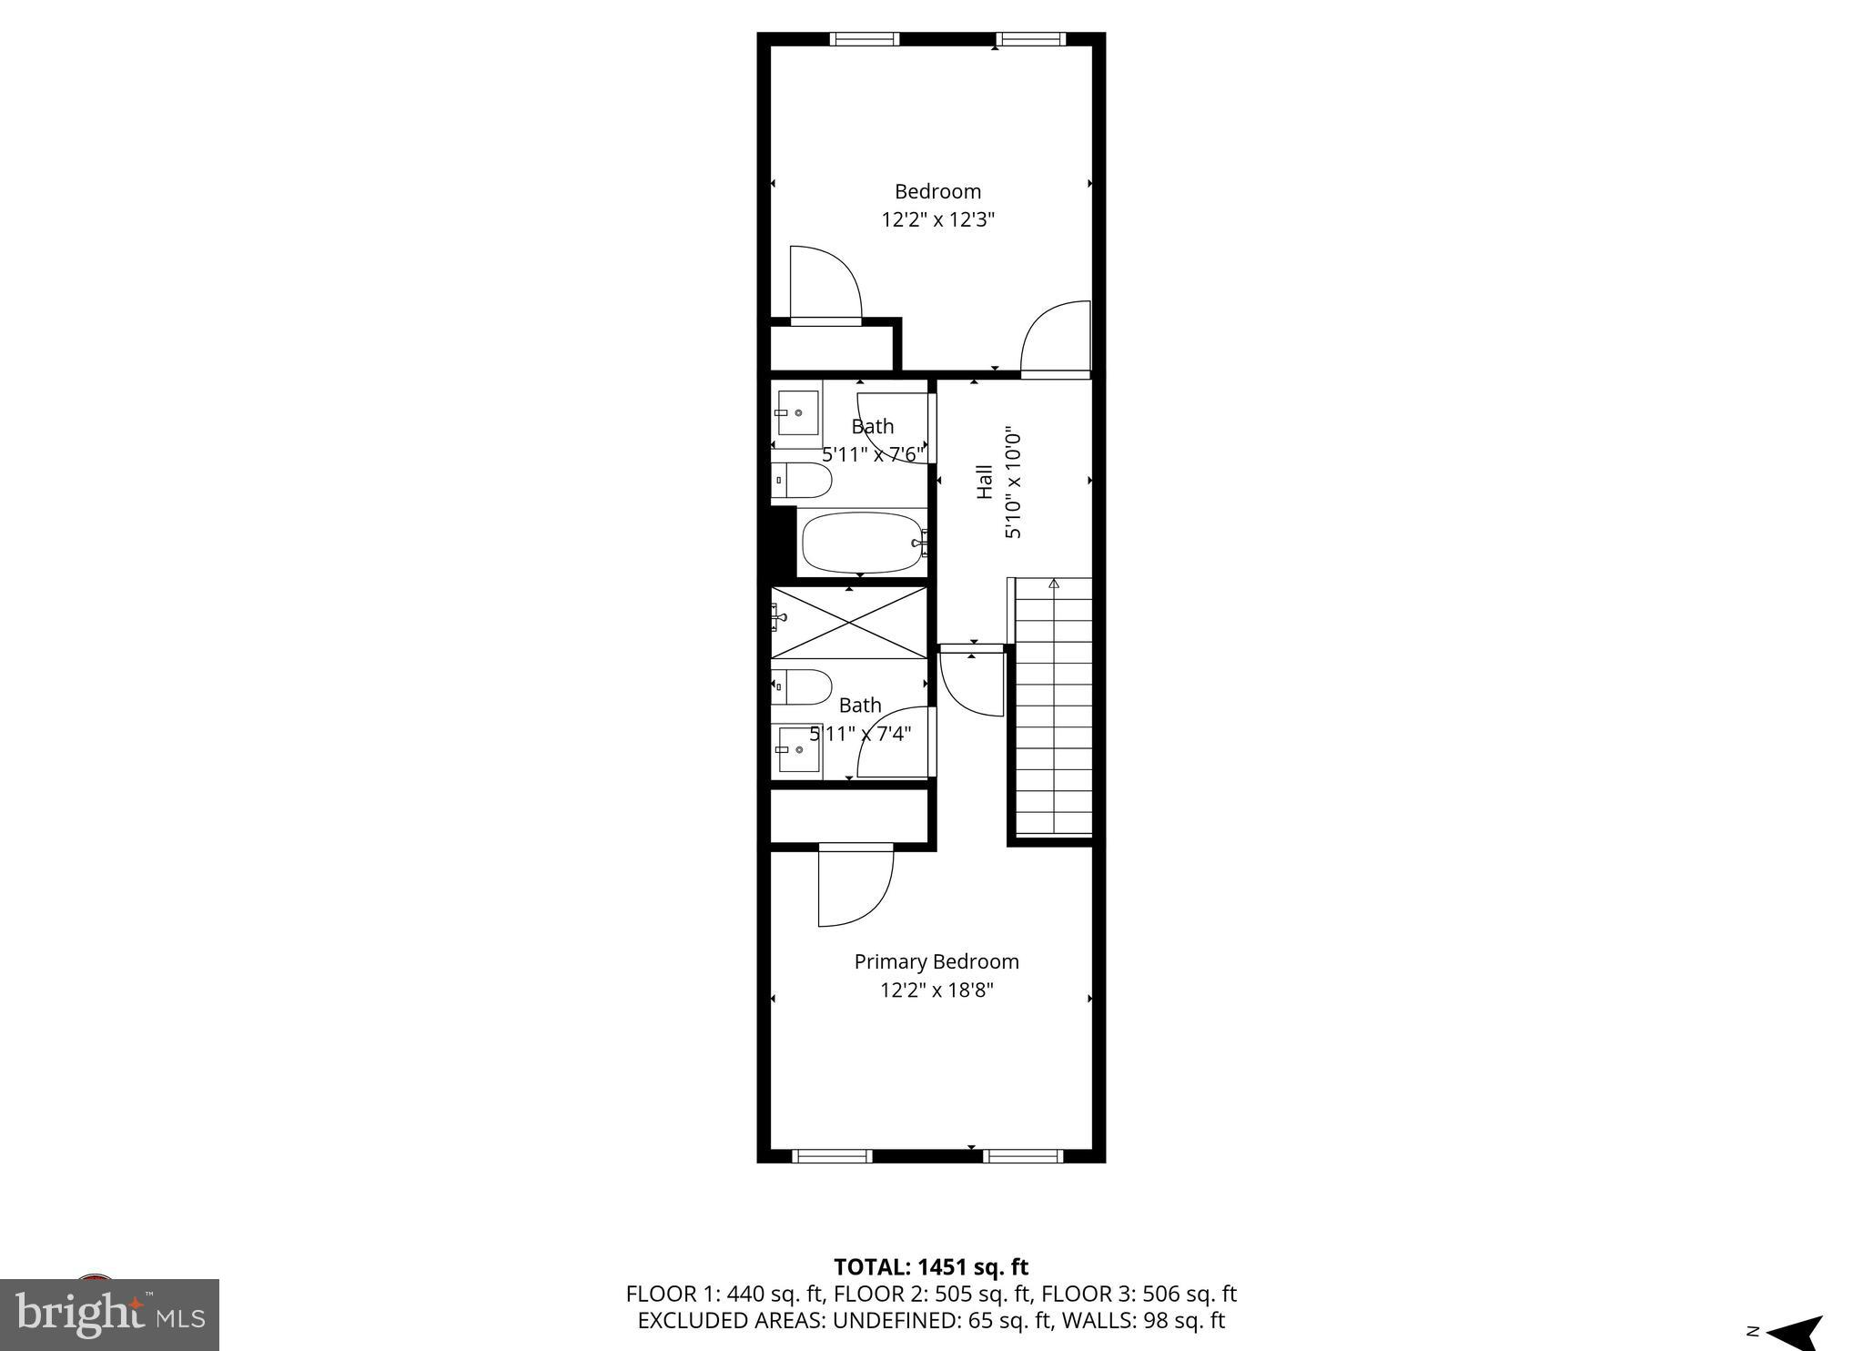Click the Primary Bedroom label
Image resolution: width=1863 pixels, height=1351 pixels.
(936, 961)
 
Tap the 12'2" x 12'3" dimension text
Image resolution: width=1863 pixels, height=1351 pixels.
(937, 219)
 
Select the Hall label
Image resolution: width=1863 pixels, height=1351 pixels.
(984, 482)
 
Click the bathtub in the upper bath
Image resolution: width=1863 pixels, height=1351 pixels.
(861, 543)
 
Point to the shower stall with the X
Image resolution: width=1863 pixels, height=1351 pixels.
(849, 623)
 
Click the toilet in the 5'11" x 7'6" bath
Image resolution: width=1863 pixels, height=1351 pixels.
(802, 480)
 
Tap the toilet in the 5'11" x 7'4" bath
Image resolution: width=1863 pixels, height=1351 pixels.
(802, 687)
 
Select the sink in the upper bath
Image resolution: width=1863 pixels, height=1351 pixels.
(797, 412)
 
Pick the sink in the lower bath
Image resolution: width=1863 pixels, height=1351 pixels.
(798, 749)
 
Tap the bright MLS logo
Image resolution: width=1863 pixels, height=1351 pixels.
(109, 1314)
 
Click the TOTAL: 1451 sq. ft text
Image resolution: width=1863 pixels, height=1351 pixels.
(930, 1266)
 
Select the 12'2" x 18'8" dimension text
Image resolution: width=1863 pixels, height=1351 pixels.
(936, 990)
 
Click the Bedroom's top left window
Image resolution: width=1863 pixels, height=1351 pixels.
(864, 39)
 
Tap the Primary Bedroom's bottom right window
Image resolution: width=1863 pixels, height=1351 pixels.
(1022, 1156)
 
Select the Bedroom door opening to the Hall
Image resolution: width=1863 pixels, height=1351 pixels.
(1056, 339)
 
